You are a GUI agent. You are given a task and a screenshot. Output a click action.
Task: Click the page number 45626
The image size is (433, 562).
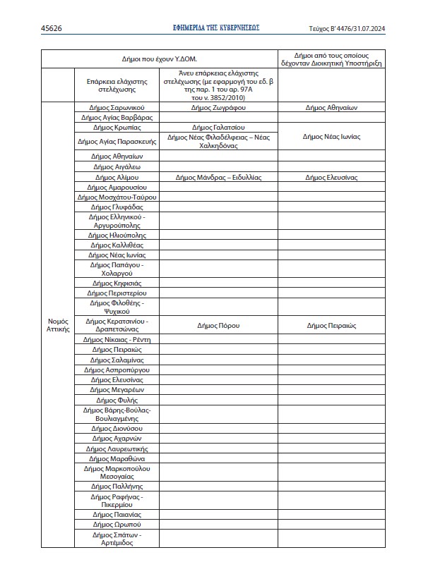(52, 28)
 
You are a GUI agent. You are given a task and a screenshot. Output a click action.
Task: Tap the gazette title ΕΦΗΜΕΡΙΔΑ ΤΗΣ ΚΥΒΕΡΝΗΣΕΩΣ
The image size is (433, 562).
(216, 28)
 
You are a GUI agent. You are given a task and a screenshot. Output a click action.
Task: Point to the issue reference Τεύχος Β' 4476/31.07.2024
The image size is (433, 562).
(345, 28)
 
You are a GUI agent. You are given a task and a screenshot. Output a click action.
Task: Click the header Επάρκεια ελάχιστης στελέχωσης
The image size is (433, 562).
(117, 85)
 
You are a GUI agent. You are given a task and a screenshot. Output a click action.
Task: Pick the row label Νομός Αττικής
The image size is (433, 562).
(58, 325)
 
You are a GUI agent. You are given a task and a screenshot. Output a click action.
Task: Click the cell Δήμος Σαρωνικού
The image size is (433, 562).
(117, 109)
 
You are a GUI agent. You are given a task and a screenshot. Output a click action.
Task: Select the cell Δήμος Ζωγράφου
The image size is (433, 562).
(218, 109)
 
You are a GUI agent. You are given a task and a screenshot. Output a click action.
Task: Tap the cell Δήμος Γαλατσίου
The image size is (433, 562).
(218, 128)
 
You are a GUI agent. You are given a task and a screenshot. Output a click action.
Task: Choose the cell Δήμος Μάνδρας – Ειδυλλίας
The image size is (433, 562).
(218, 178)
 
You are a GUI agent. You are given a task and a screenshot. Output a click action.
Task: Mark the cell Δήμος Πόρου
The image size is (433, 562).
(218, 326)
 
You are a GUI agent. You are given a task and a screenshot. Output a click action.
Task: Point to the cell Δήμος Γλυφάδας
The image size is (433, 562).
(117, 207)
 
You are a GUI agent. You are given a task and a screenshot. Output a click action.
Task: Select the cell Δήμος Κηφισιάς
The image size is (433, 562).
(117, 282)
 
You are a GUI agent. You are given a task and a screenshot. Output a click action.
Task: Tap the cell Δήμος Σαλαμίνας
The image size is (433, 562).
(117, 360)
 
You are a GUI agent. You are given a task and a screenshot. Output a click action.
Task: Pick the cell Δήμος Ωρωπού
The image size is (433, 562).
(117, 525)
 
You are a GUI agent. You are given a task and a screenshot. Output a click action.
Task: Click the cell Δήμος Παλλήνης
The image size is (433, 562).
(117, 486)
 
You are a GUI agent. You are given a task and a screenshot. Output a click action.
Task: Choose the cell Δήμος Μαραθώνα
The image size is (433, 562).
(117, 458)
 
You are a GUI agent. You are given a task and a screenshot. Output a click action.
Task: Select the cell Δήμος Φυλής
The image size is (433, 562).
(117, 400)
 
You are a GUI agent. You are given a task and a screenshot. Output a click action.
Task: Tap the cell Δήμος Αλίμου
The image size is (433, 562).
(117, 178)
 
